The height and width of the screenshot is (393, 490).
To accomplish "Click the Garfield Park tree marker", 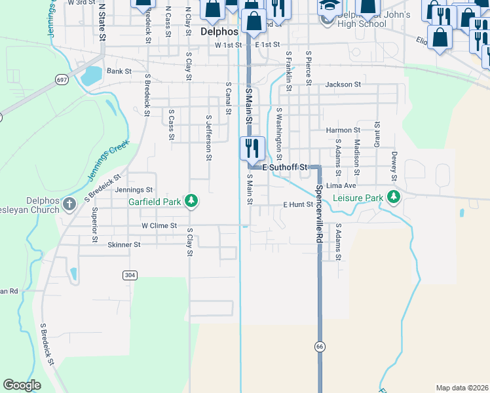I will coord(191,200).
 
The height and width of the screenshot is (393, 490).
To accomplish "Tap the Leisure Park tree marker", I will coord(393,196).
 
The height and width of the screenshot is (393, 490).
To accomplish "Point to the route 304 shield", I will coord(129,275).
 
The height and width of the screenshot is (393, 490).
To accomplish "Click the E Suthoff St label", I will coord(285,168).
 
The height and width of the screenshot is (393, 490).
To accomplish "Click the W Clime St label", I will coord(159,225).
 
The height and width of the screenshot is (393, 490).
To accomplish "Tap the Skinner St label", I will coord(124,244).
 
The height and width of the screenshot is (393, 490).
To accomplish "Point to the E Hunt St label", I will coord(298,205).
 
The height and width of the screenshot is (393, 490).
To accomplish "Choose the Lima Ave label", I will coord(341,185).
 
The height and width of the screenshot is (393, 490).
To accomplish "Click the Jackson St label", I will coord(343,84).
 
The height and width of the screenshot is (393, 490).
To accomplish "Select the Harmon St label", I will coord(343,130).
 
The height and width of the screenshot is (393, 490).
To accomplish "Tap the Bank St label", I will coord(119,71).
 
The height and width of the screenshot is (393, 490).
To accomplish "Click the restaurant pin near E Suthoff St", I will coord(252,149).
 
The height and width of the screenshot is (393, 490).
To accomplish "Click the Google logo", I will coord(22,385).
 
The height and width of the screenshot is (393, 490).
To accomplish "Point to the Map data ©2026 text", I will coord(462,388).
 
